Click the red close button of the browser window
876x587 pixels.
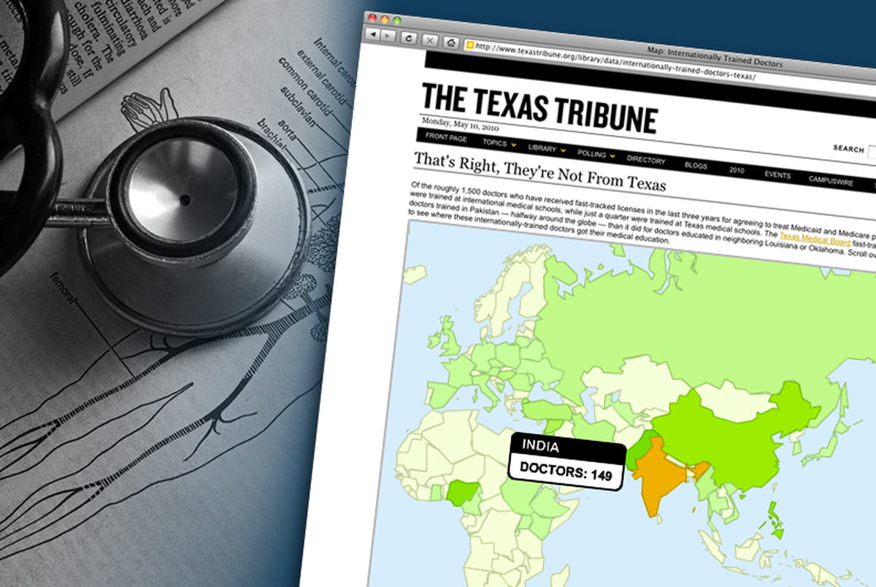tap(372, 18)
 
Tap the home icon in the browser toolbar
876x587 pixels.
tap(451, 42)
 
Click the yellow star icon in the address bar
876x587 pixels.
tap(470, 45)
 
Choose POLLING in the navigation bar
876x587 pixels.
tap(592, 153)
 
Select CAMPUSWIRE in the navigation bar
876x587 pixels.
tap(831, 183)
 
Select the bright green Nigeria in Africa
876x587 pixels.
tap(459, 494)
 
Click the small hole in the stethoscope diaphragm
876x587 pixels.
tap(184, 199)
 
